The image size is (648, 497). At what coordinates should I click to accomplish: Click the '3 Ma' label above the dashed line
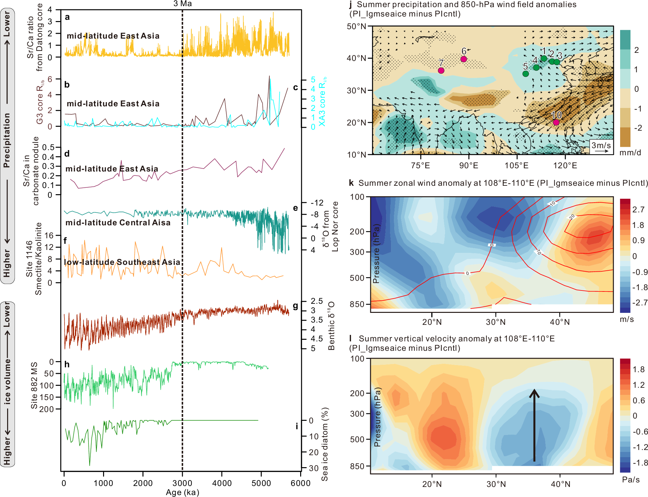183,4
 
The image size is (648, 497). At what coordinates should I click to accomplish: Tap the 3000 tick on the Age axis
182,483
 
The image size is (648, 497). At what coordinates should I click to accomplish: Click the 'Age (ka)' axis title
183,492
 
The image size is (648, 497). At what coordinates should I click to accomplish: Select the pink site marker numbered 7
441,70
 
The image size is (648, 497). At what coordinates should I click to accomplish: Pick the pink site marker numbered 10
556,122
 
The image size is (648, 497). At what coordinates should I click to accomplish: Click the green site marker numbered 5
525,74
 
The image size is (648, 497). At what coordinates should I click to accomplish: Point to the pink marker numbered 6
464,59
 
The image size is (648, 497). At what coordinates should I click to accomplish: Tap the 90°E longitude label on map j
469,166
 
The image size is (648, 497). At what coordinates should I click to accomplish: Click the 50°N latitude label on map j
357,26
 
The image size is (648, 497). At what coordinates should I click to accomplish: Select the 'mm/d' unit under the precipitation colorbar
630,153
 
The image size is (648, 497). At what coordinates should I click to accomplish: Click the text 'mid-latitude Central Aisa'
118,223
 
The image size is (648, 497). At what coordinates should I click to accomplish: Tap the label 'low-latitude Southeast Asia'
122,262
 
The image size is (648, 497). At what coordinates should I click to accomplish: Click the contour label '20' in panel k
571,217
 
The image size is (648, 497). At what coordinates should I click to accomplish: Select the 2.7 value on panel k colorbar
638,209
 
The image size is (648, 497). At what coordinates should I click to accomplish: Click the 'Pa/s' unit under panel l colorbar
630,479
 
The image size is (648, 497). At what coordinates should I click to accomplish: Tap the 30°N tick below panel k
496,322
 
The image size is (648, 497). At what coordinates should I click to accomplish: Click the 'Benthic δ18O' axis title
331,325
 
